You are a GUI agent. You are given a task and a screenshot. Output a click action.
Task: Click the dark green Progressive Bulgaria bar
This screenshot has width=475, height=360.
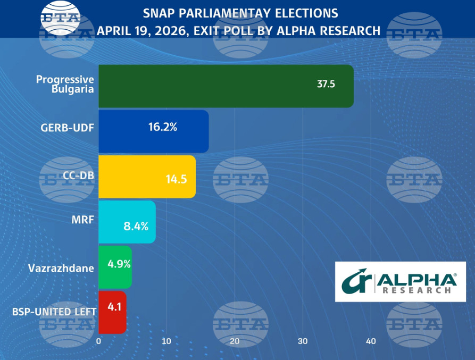(x=226, y=86)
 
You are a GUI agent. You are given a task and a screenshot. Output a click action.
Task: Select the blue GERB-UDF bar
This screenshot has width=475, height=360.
(x=153, y=131)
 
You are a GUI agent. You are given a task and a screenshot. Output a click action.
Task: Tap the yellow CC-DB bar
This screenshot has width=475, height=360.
(x=147, y=177)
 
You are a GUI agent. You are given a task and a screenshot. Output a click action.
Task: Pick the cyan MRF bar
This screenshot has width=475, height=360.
(x=127, y=222)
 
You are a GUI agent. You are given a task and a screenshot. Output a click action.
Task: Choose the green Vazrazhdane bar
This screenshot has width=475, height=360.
(x=115, y=267)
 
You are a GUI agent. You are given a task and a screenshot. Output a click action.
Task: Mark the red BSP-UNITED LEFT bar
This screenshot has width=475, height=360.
(x=112, y=312)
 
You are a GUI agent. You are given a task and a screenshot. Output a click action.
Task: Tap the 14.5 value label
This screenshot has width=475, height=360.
(x=176, y=179)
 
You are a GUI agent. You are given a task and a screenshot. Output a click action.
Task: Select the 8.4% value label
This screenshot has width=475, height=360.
(x=135, y=226)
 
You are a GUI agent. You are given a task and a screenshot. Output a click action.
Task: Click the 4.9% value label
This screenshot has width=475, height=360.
(x=119, y=264)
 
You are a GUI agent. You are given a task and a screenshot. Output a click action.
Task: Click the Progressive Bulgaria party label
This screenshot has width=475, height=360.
(x=65, y=84)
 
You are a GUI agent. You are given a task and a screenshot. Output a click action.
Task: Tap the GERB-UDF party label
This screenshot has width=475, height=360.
(x=67, y=128)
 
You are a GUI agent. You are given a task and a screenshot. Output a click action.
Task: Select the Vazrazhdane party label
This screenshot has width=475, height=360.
(x=61, y=268)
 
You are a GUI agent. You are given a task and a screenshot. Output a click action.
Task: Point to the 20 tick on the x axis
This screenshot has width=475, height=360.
(x=235, y=341)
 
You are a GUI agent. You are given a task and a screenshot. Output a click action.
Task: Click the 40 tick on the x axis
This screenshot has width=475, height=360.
(x=371, y=341)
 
